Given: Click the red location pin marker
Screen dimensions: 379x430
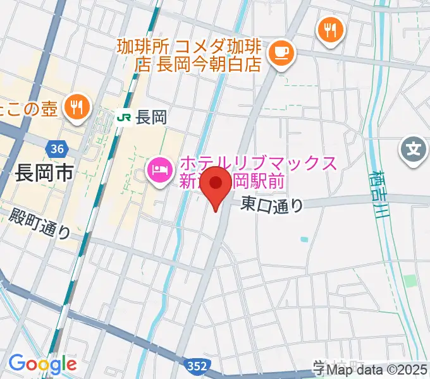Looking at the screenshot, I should tap(218, 184).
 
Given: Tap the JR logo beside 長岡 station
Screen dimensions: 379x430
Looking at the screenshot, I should tap(124, 117).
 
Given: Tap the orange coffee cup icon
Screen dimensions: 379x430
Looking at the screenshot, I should tap(279, 53).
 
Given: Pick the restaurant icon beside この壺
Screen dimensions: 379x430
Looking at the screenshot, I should tap(77, 107).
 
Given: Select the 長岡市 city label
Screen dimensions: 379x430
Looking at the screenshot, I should tap(43, 172).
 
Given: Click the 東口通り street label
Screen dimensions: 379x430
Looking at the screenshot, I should tap(272, 205).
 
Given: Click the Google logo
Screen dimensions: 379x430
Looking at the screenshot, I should tap(42, 364).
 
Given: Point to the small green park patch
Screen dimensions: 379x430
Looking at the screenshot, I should tap(410, 280).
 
